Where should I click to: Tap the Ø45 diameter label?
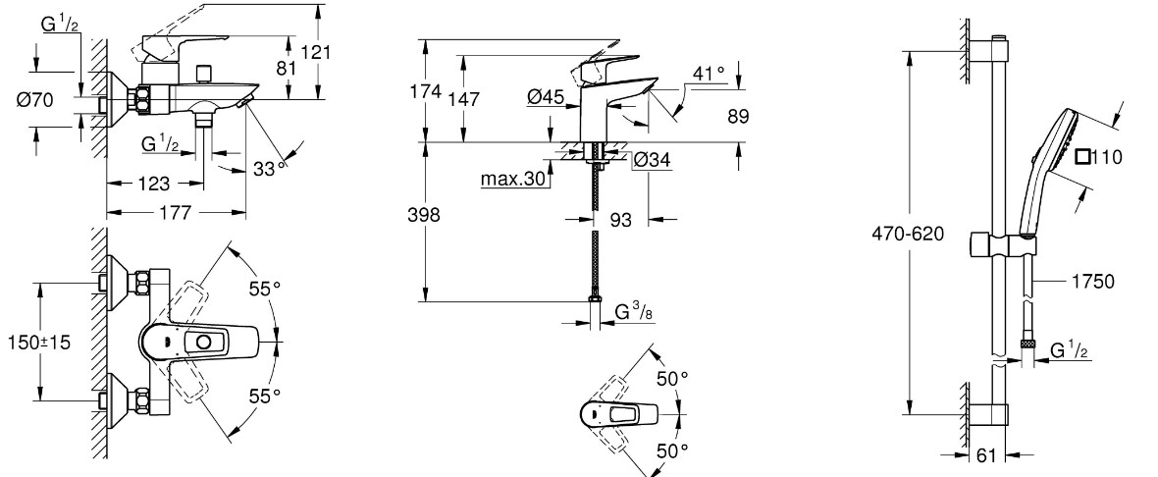[x=545, y=96]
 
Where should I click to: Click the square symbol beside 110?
[x=1082, y=157]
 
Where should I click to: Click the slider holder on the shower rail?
[x=997, y=243]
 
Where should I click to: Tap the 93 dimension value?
[x=621, y=221]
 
